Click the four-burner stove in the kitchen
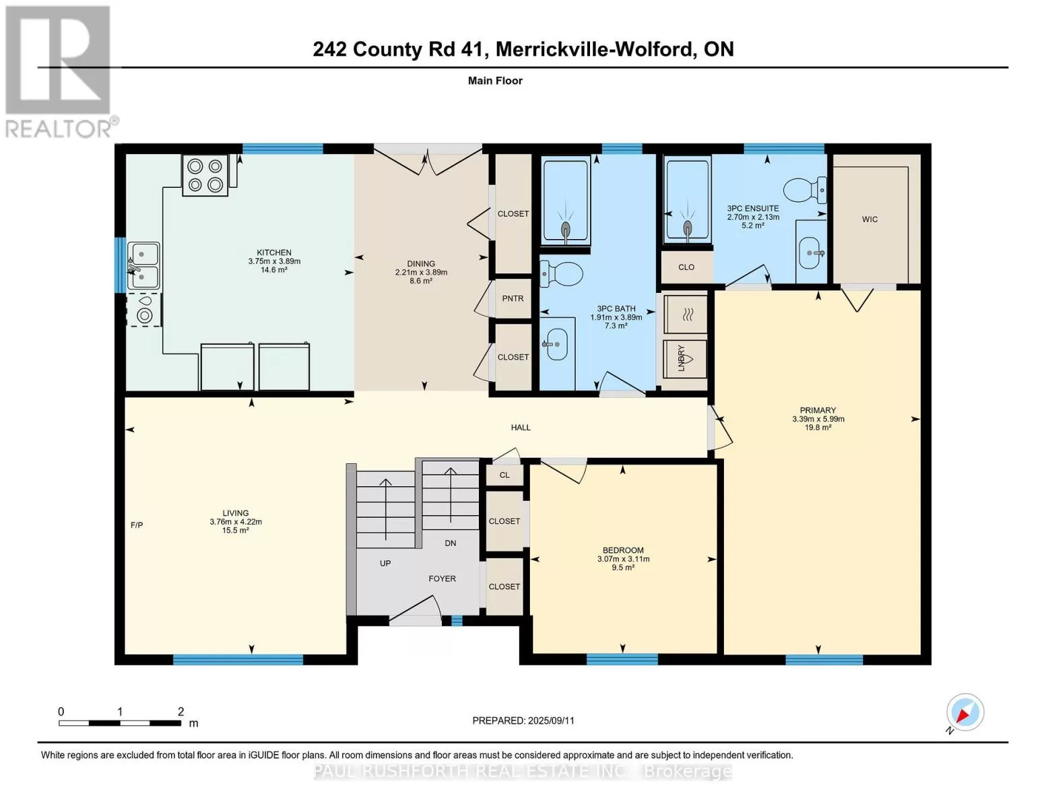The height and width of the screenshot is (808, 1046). pyautogui.click(x=205, y=175)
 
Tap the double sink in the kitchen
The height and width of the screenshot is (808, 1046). pyautogui.click(x=143, y=266)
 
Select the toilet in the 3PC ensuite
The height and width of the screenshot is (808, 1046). pyautogui.click(x=805, y=190)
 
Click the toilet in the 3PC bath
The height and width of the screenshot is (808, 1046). pyautogui.click(x=561, y=274)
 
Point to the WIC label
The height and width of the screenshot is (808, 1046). pyautogui.click(x=870, y=220)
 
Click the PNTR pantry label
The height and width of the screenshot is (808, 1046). pyautogui.click(x=513, y=298)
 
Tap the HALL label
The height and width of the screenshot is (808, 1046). pyautogui.click(x=521, y=428)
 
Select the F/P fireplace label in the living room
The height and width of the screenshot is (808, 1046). pyautogui.click(x=137, y=525)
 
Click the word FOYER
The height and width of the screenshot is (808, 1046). pyautogui.click(x=442, y=578)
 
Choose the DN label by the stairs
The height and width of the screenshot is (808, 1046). pyautogui.click(x=450, y=543)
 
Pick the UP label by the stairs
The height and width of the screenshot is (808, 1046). pyautogui.click(x=385, y=563)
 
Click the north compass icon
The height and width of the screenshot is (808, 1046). pyautogui.click(x=965, y=712)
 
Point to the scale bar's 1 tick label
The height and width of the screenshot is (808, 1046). pyautogui.click(x=119, y=712)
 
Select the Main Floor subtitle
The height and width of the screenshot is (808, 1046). pyautogui.click(x=495, y=81)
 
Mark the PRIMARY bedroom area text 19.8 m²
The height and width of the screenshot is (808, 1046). pyautogui.click(x=818, y=428)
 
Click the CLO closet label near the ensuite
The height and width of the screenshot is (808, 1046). pyautogui.click(x=686, y=267)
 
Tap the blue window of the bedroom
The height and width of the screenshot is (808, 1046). pyautogui.click(x=622, y=659)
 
